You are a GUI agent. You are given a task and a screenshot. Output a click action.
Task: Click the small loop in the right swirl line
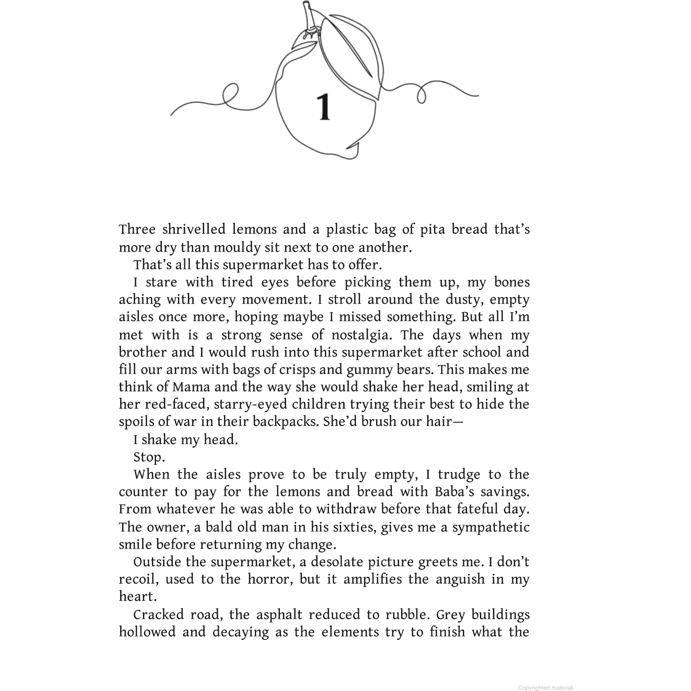coord(421,95)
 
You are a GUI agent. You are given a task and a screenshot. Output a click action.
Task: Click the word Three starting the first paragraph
coord(137,230)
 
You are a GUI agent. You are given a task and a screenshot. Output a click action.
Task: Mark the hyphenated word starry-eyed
coord(251,405)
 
